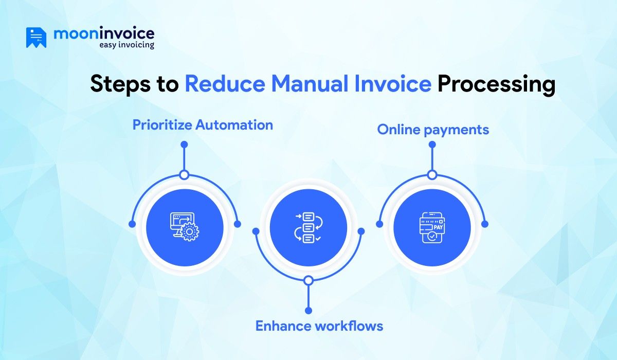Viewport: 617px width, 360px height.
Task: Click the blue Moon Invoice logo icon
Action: coord(36,38)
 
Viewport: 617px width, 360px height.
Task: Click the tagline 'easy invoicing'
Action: coord(126,45)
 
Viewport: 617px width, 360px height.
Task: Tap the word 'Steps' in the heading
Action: coord(120,84)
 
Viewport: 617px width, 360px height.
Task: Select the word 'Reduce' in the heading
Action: coord(225,83)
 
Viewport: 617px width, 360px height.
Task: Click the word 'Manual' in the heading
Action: coord(310,83)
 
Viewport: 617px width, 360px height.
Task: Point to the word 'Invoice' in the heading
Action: coord(393,83)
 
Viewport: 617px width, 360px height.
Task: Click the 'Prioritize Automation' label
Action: coord(203,125)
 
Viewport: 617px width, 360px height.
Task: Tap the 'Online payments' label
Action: coord(433,130)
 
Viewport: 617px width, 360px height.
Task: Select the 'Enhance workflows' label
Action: coord(319,326)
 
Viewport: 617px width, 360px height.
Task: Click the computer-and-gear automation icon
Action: coord(185,227)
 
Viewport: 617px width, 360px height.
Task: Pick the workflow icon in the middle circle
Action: coord(308,227)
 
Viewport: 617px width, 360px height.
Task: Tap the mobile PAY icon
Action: coord(432,228)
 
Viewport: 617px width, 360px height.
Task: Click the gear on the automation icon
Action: coord(189,232)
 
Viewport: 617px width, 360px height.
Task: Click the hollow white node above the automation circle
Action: coord(184,175)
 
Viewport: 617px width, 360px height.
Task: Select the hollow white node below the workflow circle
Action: coord(308,280)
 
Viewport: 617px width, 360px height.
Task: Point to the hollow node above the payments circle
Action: coord(432,175)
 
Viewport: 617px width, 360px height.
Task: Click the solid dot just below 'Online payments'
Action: coord(432,145)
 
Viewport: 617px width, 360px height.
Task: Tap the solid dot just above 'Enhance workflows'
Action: coord(308,311)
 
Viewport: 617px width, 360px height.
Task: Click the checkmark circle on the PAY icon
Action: coord(431,236)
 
